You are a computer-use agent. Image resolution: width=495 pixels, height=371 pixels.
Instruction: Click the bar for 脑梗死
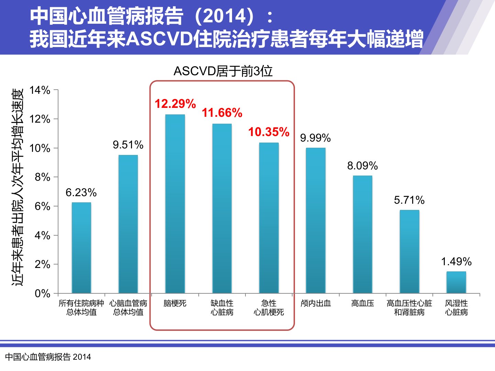(175, 204)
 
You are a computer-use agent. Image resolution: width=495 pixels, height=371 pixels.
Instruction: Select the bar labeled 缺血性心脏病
(222, 209)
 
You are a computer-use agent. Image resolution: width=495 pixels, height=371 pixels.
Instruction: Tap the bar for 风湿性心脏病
(456, 282)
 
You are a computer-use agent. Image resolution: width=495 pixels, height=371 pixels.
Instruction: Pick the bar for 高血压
(363, 235)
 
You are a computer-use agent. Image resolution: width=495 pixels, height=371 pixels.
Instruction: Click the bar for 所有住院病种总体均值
(81, 248)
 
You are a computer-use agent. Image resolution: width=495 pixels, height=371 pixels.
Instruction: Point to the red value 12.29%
(175, 104)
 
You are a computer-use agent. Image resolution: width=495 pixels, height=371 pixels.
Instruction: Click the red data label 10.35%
(269, 132)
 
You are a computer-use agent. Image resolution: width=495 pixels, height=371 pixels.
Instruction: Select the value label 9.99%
(316, 138)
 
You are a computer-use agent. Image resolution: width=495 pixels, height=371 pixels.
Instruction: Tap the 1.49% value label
(456, 261)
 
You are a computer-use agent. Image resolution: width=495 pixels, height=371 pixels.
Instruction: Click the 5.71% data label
(409, 200)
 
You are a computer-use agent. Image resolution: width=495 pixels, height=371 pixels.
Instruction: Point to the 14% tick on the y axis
(40, 90)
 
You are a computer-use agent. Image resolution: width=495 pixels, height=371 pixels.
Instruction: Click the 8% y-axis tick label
(42, 177)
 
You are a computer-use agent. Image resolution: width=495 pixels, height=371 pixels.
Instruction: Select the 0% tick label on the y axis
(42, 293)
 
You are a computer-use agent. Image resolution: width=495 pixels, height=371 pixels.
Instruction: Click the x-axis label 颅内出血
(316, 303)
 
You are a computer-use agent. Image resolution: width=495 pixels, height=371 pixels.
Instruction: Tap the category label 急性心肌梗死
(269, 308)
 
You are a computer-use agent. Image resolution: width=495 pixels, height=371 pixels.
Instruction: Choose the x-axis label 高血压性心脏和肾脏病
(409, 308)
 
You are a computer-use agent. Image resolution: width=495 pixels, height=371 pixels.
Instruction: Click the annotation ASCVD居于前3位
(223, 71)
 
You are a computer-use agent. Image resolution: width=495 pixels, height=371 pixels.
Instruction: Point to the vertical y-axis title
(18, 188)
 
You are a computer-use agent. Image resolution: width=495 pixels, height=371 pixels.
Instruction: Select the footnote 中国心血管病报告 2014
(48, 357)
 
